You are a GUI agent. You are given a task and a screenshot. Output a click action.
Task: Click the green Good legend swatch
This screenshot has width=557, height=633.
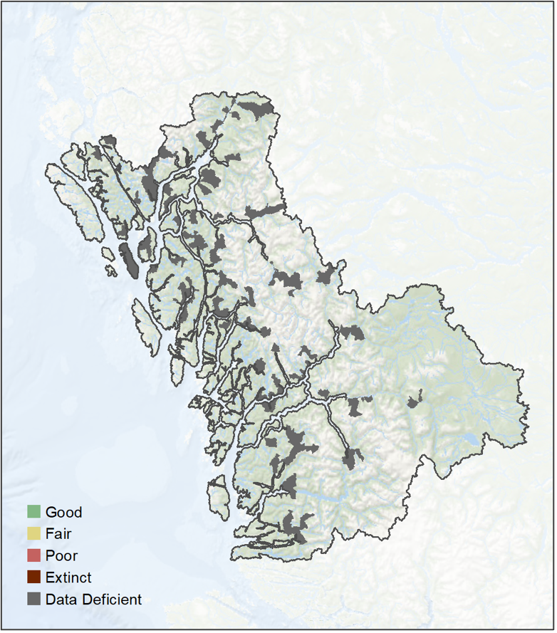coord(33,512)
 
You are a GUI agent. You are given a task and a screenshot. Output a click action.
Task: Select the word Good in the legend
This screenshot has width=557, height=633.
coord(63,512)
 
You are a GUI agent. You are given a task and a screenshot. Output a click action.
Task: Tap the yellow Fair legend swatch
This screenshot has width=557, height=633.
coord(33,534)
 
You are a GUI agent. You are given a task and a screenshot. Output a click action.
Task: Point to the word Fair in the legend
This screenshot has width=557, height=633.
coord(58,534)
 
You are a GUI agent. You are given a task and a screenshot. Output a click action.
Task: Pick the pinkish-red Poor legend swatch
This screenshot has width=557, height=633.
coord(33,555)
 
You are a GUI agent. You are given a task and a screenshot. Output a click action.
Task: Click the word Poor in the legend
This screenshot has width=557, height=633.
coord(61,555)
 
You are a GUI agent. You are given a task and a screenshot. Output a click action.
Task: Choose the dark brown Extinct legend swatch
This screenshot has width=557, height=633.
coord(33,577)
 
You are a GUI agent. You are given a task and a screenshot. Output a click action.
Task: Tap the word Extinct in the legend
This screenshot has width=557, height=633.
coord(68,577)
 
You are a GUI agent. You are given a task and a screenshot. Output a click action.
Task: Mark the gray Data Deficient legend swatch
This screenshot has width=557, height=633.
coord(33,600)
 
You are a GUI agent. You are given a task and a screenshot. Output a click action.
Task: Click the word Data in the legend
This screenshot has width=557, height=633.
coord(59,600)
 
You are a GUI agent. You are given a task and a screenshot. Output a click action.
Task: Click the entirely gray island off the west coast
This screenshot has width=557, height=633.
coord(130,260)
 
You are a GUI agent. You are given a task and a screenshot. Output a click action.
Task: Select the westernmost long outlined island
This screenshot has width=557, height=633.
coord(74,204)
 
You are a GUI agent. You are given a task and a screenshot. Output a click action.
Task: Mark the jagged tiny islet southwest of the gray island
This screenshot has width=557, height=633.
coord(111,271)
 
